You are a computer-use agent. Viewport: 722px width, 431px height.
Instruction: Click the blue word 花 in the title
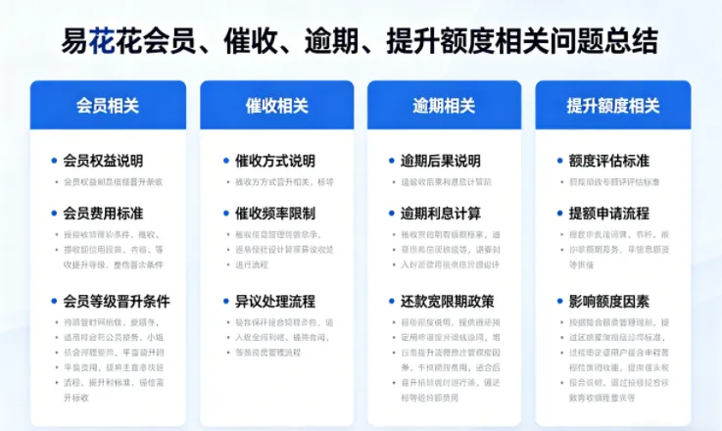click(x=101, y=41)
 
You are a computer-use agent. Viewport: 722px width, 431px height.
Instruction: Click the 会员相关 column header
click(x=108, y=105)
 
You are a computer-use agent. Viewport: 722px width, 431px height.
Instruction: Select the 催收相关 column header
click(x=277, y=105)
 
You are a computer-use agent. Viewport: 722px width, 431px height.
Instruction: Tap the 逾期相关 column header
click(x=444, y=105)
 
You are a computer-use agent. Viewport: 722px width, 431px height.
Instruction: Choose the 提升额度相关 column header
click(x=613, y=105)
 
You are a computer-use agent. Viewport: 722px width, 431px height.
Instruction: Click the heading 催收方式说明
click(x=275, y=161)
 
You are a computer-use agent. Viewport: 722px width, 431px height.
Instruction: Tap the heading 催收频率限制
click(x=275, y=213)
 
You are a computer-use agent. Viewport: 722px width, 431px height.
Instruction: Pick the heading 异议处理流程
click(x=275, y=301)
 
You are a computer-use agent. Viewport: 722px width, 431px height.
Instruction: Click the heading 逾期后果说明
click(x=441, y=161)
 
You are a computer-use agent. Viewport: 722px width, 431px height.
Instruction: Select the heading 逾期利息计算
click(x=441, y=213)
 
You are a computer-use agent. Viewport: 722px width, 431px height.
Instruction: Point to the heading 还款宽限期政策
click(x=448, y=301)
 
